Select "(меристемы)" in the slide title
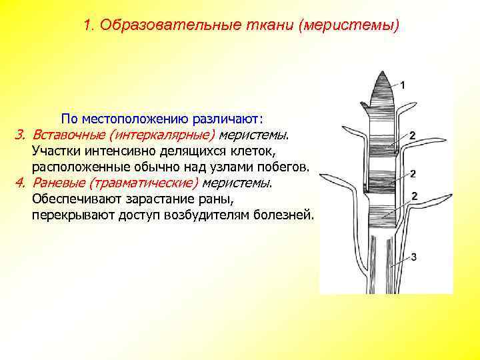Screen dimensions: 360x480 350,26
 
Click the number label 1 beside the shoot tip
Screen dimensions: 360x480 404,85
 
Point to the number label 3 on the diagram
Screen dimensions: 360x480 414,257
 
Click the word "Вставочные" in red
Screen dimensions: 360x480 64,135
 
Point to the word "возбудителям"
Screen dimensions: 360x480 200,215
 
